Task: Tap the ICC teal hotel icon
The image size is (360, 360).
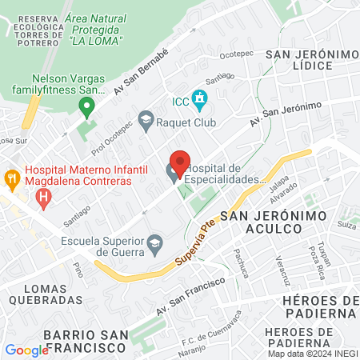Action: (x=200, y=101)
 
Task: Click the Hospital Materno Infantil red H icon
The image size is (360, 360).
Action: (x=44, y=195)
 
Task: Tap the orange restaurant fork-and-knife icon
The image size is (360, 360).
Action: (x=11, y=176)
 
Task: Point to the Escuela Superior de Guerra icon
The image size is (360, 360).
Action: (x=156, y=242)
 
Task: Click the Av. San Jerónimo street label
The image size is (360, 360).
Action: (x=286, y=115)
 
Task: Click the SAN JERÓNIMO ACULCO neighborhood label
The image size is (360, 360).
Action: (x=261, y=222)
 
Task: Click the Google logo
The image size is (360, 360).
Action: (x=26, y=350)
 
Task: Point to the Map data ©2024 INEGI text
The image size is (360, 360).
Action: (x=312, y=354)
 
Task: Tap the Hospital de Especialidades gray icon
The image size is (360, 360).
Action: (x=173, y=173)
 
